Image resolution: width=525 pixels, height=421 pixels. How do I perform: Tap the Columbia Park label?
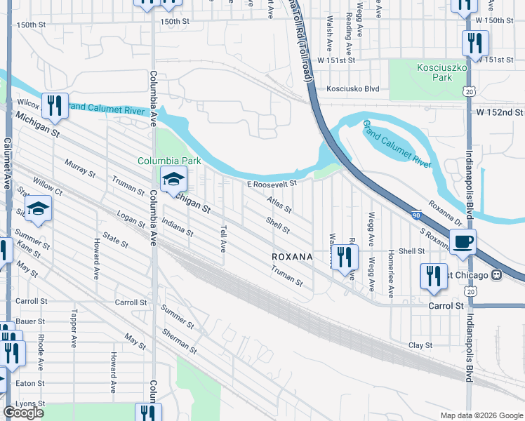pos(169,161)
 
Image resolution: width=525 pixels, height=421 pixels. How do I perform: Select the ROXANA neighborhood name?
pos(292,258)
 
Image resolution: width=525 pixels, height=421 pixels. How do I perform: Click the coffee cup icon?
pos(463,242)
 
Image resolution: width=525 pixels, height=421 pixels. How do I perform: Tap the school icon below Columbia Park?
pos(173,180)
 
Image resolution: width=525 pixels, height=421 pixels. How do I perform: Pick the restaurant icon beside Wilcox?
pos(54,105)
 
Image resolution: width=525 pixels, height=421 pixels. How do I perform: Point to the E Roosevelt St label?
pos(272,184)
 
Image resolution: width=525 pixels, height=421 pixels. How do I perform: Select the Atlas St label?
pos(279,205)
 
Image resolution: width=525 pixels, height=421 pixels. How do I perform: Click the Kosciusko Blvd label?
pos(353,89)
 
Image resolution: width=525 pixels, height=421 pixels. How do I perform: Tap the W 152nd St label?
pos(499,112)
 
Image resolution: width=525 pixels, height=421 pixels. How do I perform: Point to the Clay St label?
pos(420,345)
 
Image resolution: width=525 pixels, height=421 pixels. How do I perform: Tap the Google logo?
pos(23,413)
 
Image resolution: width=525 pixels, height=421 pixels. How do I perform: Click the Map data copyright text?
pos(481,415)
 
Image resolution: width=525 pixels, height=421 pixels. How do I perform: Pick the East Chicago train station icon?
pos(497,274)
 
